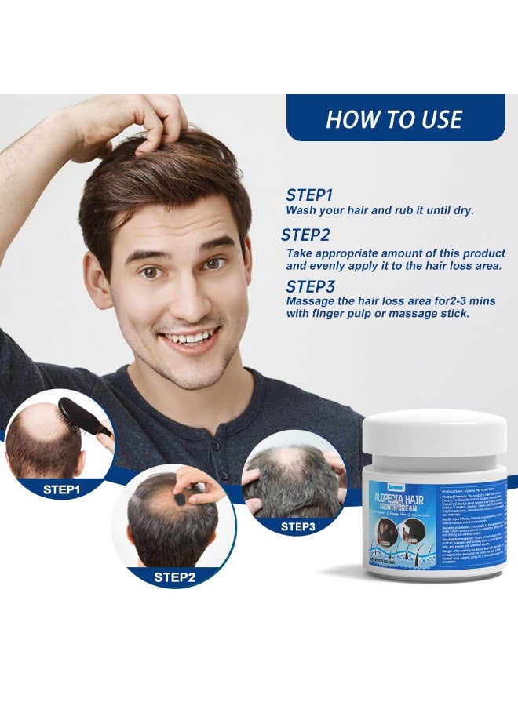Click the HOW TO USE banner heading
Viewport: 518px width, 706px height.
394,118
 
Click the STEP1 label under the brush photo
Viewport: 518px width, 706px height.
63,488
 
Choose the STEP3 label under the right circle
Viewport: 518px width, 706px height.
297,527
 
